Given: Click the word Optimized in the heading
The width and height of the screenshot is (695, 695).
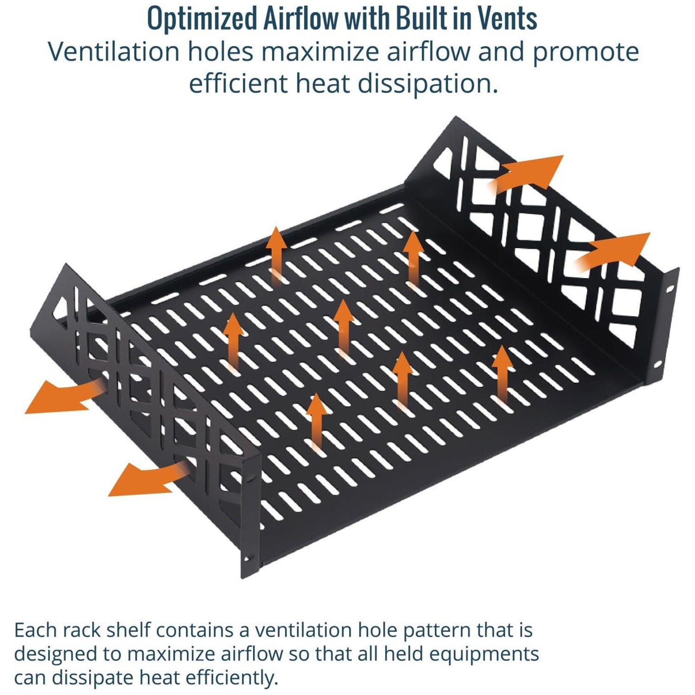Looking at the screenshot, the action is pyautogui.click(x=202, y=19).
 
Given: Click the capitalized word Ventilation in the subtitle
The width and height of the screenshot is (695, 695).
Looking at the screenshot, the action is pyautogui.click(x=114, y=51).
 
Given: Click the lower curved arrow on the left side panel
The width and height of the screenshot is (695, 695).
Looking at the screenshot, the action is pyautogui.click(x=148, y=478).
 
